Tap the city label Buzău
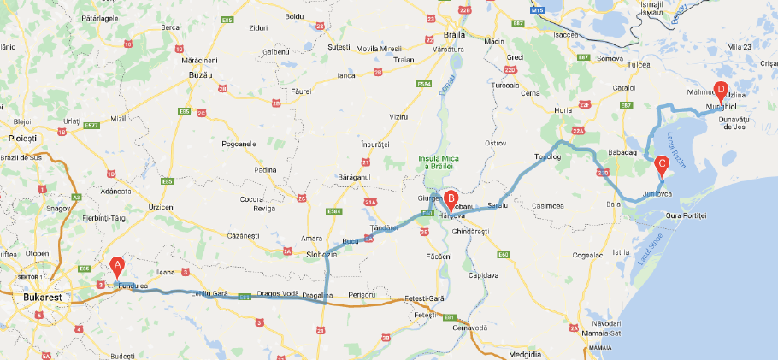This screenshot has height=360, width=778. [x=198, y=75]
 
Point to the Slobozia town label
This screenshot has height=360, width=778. [x=311, y=254]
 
